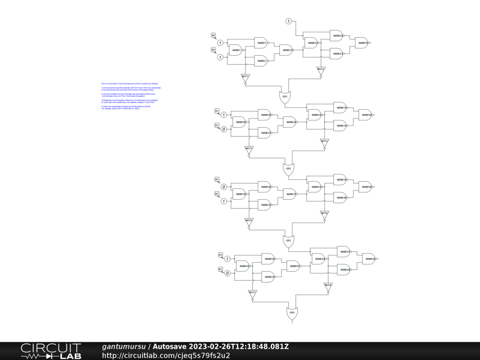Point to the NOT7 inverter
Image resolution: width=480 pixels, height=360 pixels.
[x=252, y=293]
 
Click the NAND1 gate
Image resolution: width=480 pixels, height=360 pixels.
[x=235, y=50]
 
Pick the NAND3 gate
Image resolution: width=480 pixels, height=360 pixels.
[x=261, y=43]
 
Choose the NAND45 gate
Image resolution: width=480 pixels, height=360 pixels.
[x=293, y=266]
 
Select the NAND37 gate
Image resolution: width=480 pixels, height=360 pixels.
[x=290, y=194]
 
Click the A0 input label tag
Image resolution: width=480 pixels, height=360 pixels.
[x=213, y=36]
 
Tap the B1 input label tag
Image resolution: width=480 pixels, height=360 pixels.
[x=217, y=125]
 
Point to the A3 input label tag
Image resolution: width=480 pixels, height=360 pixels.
[x=220, y=255]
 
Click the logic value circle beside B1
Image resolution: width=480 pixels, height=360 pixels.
[x=224, y=129]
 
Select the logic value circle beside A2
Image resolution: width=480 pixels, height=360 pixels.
[x=224, y=187]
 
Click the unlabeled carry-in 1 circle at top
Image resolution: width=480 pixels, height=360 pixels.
[x=289, y=21]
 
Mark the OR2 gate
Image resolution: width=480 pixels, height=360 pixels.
[x=288, y=169]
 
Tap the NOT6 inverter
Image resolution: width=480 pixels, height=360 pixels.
[x=324, y=214]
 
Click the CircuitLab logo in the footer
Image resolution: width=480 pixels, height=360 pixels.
[x=51, y=351]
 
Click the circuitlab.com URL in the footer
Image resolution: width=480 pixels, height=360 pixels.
[x=166, y=355]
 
